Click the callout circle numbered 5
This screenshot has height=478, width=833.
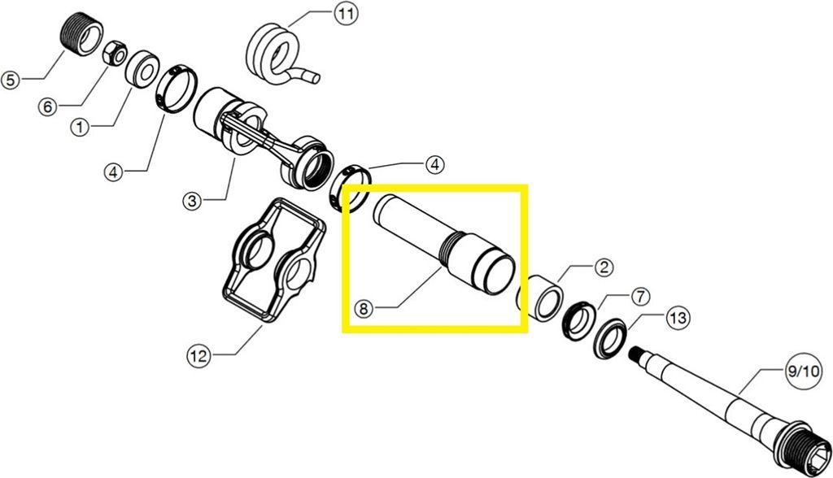tap(11, 80)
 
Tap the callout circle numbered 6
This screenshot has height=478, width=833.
tap(47, 107)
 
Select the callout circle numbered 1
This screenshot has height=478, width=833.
tap(81, 128)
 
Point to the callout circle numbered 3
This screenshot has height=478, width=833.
tap(192, 201)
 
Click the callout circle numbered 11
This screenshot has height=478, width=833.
tap(346, 14)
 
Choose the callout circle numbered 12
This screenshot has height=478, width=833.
tap(198, 355)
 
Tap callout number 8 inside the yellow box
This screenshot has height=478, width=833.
tap(364, 309)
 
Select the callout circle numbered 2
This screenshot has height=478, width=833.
tap(604, 267)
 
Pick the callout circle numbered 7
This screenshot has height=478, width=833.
tap(640, 297)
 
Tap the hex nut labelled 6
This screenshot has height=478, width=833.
tap(114, 54)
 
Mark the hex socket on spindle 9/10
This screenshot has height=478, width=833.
tap(818, 456)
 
